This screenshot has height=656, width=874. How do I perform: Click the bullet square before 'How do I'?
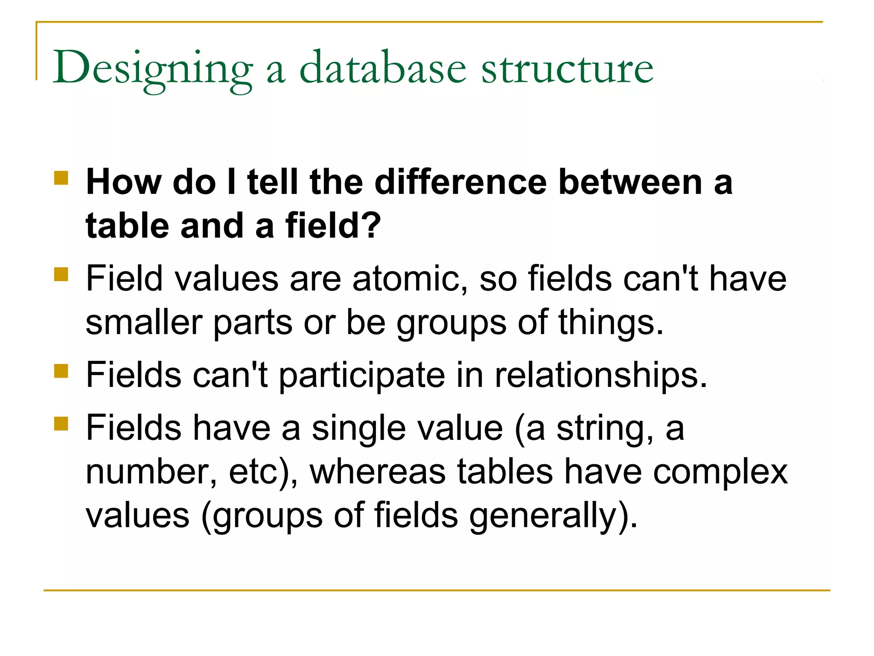point(61,178)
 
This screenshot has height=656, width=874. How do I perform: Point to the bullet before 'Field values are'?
point(61,274)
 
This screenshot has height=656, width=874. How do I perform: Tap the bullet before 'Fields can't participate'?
point(61,371)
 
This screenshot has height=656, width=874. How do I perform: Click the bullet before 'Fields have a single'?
point(61,424)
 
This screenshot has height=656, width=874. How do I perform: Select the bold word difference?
point(460,182)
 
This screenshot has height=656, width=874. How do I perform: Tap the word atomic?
point(410,279)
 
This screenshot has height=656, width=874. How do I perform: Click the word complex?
point(720,474)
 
